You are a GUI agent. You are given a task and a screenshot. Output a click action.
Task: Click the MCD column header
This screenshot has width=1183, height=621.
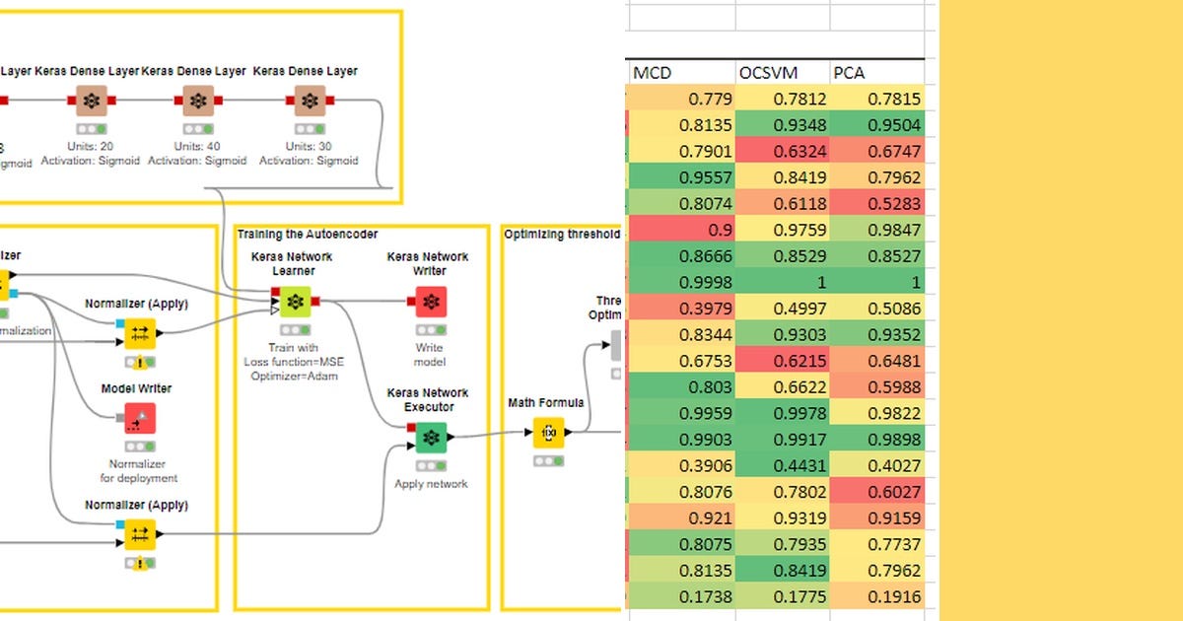(x=654, y=72)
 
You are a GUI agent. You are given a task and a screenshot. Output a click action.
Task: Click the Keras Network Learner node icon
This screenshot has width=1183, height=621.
(x=293, y=302)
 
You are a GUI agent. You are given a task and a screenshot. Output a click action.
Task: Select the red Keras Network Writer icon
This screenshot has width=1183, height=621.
(x=429, y=302)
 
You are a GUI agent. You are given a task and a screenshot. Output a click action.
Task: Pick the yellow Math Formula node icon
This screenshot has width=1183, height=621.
(x=548, y=433)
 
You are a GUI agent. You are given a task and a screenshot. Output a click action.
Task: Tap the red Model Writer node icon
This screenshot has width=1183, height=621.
(x=139, y=419)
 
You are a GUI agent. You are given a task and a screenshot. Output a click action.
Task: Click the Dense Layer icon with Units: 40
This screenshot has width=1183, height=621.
(x=197, y=101)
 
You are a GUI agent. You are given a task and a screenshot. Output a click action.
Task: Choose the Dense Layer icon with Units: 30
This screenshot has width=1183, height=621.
(x=310, y=101)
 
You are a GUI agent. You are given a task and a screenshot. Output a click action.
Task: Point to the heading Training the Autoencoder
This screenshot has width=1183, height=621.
(x=307, y=234)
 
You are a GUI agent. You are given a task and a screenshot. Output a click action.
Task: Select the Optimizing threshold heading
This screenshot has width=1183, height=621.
(x=561, y=235)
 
